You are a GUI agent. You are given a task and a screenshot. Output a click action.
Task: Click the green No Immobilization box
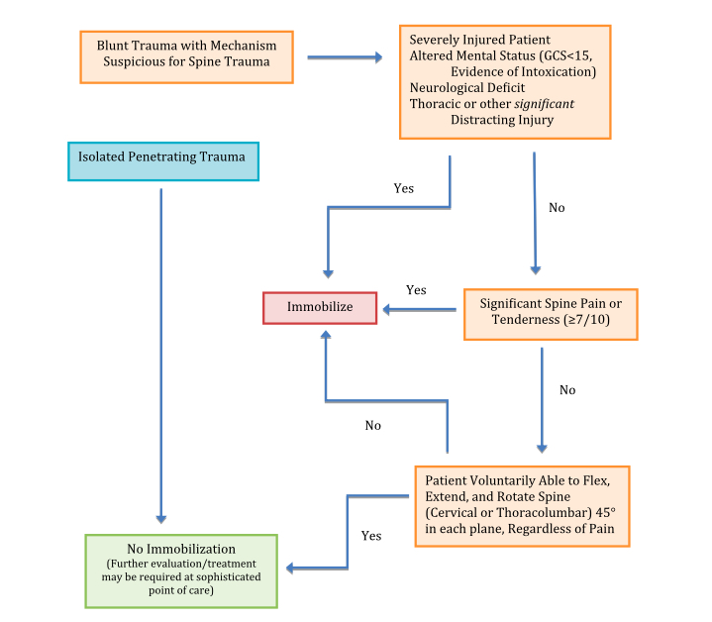click(181, 570)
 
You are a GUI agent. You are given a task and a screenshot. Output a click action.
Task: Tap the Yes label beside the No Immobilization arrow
click(370, 536)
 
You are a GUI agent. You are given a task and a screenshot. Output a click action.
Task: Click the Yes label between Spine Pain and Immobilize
click(416, 290)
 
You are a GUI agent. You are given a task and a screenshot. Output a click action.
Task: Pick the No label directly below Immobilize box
click(372, 425)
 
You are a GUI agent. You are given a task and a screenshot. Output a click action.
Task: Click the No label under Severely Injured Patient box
click(557, 209)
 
